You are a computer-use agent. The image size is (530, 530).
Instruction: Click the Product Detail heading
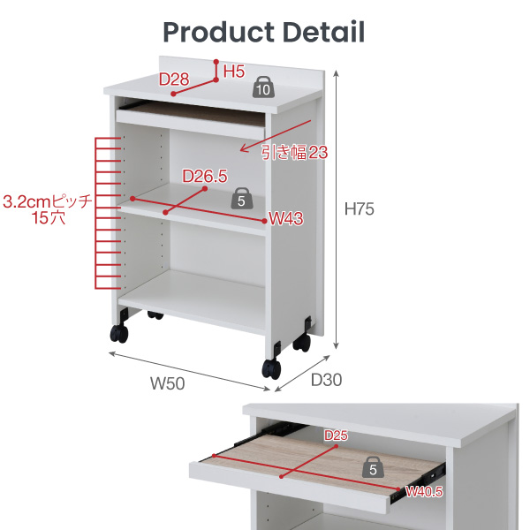pos(263,33)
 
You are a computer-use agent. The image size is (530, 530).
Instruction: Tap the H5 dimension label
pos(234,72)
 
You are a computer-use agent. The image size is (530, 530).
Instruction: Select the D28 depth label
pos(174,79)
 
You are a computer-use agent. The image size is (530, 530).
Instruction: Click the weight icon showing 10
pos(263,87)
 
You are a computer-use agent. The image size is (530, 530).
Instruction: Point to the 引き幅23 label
pos(294,153)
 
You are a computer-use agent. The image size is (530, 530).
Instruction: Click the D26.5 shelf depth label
pos(205,177)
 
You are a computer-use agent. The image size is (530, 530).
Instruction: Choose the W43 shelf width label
pos(286,218)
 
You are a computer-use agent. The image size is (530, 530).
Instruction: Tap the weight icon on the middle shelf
pos(241,199)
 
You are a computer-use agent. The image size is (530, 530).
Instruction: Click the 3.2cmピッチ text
pos(48,201)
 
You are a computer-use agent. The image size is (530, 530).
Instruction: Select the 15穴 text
pos(48,217)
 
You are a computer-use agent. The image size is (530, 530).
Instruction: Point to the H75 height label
pos(359,208)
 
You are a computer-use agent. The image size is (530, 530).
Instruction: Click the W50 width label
pos(167,383)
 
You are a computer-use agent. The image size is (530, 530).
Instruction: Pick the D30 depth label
pos(326,380)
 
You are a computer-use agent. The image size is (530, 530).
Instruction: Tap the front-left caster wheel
pos(119,333)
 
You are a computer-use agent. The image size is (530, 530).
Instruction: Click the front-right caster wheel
pos(271,368)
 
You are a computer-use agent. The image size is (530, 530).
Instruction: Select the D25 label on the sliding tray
pos(336,435)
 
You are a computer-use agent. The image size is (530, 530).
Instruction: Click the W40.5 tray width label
pos(424,491)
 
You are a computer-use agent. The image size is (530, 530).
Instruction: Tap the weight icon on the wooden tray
pos(373,467)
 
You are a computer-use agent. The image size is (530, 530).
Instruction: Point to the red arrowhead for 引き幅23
pos(244,148)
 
